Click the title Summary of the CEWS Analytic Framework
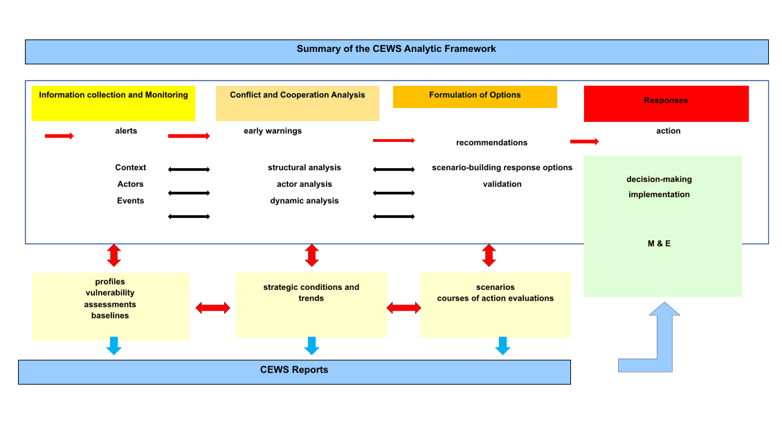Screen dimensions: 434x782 (397, 49)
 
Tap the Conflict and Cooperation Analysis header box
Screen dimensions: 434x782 (298, 102)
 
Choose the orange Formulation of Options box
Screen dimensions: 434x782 (475, 96)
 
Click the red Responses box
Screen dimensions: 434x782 (666, 103)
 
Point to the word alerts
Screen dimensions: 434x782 (126, 131)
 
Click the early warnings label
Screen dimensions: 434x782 (273, 131)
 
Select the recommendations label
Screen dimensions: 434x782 (491, 143)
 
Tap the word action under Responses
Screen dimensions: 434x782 (668, 131)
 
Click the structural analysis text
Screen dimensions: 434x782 (304, 168)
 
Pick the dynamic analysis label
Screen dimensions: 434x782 (304, 201)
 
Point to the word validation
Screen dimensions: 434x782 (502, 184)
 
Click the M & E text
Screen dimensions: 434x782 (659, 244)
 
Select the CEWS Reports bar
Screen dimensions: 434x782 (294, 371)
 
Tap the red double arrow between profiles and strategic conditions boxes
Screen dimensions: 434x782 (212, 308)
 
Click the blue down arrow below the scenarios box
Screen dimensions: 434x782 (502, 345)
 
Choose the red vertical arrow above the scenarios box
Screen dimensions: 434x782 (489, 255)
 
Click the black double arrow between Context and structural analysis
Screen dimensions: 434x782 (189, 169)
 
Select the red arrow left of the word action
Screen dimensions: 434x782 (584, 142)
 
